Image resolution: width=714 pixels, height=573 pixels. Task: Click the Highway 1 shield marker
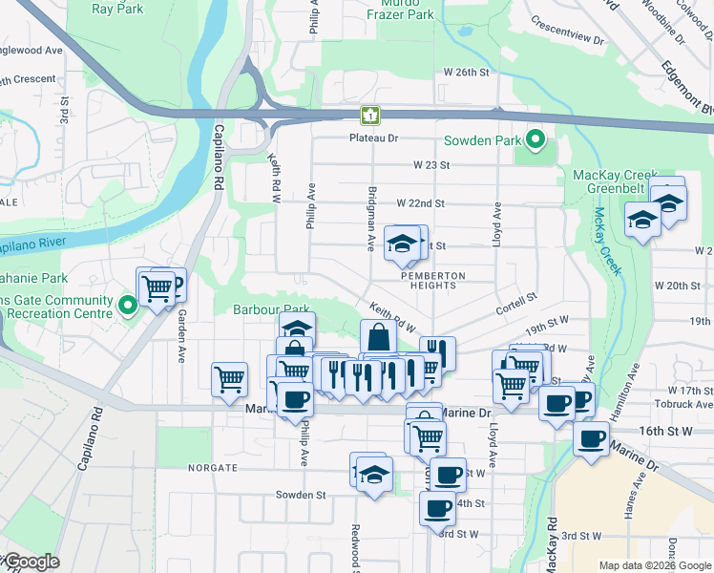(x=370, y=116)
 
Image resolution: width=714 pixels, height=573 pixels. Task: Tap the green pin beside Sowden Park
(x=535, y=140)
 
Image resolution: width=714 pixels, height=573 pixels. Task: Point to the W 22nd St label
(x=414, y=203)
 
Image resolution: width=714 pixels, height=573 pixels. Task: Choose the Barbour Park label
(x=271, y=309)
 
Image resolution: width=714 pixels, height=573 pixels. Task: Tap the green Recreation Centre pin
(x=128, y=306)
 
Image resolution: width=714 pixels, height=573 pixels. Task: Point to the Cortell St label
(x=517, y=304)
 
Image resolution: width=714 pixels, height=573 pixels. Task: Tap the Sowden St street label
(x=301, y=496)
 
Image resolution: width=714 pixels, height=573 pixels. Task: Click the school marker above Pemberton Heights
(x=402, y=245)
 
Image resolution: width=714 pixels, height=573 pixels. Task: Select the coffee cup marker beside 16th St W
(x=591, y=439)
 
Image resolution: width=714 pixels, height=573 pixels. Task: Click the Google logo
(x=31, y=562)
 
